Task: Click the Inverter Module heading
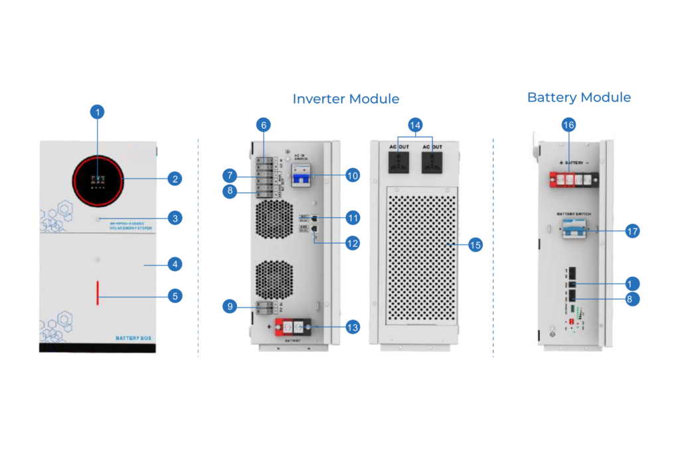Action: (346, 99)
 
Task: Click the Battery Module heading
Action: (579, 98)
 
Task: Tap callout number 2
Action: (175, 179)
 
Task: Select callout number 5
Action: (175, 296)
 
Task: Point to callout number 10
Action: (353, 175)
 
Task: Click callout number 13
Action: (353, 327)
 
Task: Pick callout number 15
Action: (475, 245)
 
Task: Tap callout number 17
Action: (632, 231)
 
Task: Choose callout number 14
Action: (416, 125)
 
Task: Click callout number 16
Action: (568, 125)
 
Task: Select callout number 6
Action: (264, 125)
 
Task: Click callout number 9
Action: (229, 306)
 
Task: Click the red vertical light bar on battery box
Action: (98, 293)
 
